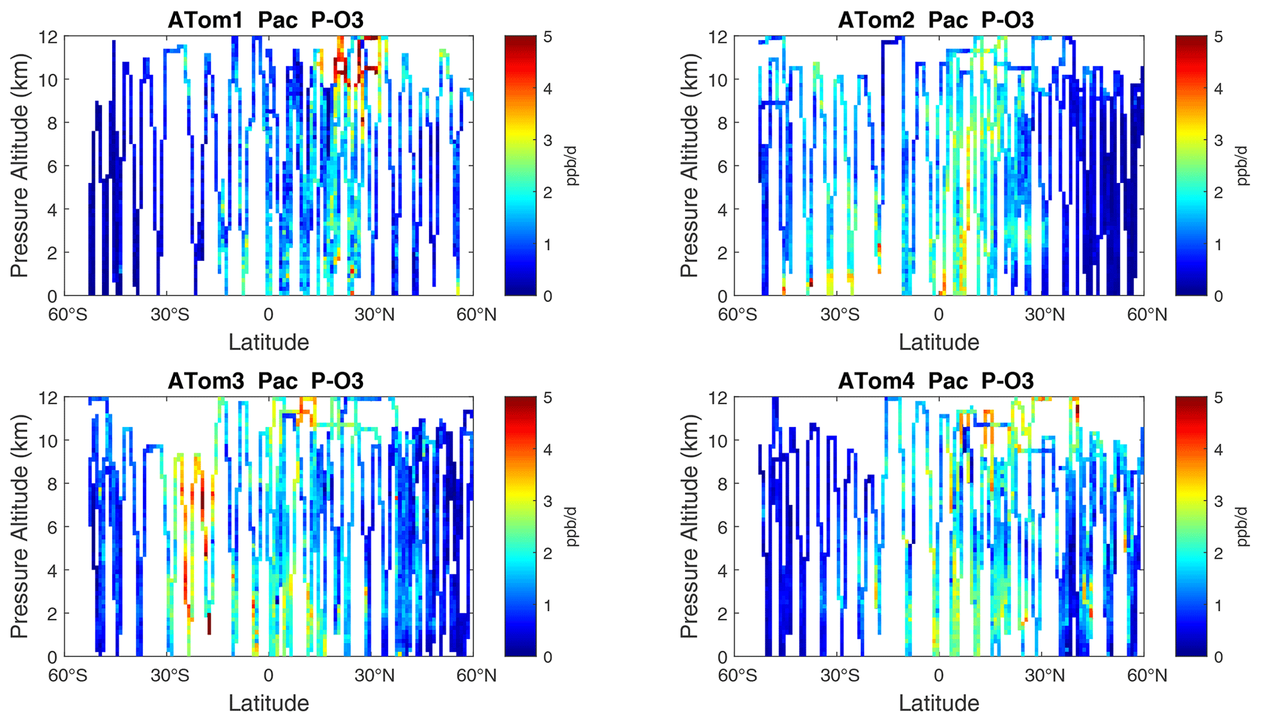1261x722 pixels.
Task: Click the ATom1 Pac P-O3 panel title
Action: click(265, 20)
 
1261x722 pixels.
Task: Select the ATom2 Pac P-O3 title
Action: click(936, 20)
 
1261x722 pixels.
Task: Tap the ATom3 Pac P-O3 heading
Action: click(265, 381)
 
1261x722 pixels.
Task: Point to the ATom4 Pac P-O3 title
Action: click(936, 381)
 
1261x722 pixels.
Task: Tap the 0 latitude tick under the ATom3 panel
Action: click(268, 676)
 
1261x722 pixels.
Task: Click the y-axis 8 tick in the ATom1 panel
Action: click(52, 123)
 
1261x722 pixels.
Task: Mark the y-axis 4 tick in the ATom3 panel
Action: click(52, 570)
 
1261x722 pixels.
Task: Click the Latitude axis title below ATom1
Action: click(268, 342)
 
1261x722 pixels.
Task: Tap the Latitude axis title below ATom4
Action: click(939, 703)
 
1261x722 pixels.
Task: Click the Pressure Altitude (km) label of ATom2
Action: click(689, 166)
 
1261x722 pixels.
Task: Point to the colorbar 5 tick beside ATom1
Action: click(548, 37)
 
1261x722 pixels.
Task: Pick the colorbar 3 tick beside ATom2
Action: click(1218, 140)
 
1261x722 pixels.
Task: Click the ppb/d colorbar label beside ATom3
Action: click(572, 527)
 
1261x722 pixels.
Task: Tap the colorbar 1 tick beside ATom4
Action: click(1218, 606)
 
